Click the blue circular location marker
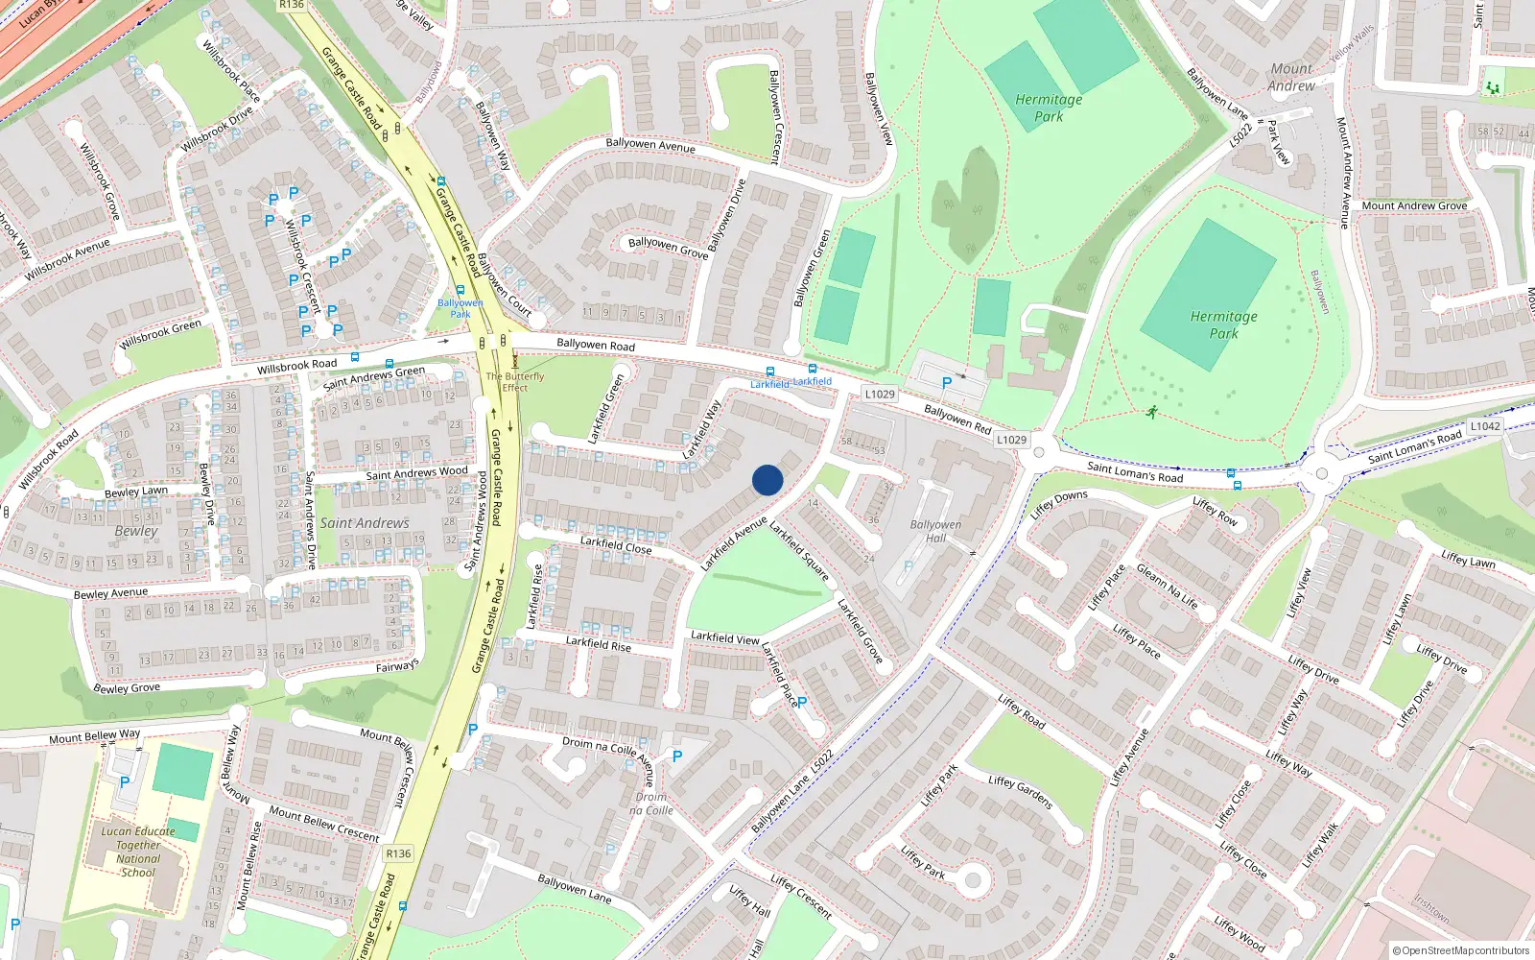pyautogui.click(x=767, y=480)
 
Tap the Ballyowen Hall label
pyautogui.click(x=935, y=531)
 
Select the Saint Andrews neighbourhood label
pyautogui.click(x=365, y=523)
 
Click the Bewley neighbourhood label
pyautogui.click(x=136, y=531)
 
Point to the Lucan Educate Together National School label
pyautogui.click(x=138, y=852)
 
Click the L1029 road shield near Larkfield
pyautogui.click(x=880, y=394)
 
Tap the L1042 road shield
pyautogui.click(x=1484, y=426)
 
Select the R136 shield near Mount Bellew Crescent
pyautogui.click(x=398, y=853)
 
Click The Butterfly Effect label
pyautogui.click(x=515, y=382)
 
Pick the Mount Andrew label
pyautogui.click(x=1291, y=77)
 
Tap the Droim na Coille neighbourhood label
pyautogui.click(x=651, y=804)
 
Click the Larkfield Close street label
pyautogui.click(x=616, y=545)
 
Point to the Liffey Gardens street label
pyautogui.click(x=1020, y=792)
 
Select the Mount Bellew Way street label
pyautogui.click(x=95, y=736)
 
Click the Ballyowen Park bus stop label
pyautogui.click(x=460, y=308)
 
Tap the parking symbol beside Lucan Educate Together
pyautogui.click(x=125, y=782)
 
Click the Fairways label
pyautogui.click(x=397, y=666)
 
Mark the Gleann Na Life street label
pyautogui.click(x=1167, y=586)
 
